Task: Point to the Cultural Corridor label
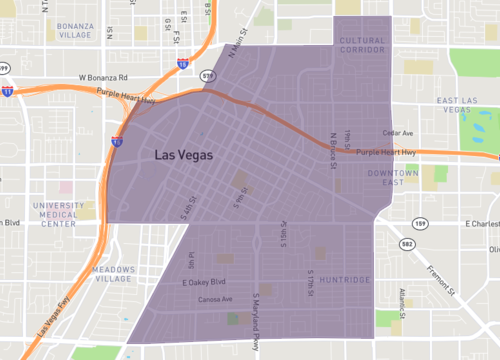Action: point(361,45)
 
